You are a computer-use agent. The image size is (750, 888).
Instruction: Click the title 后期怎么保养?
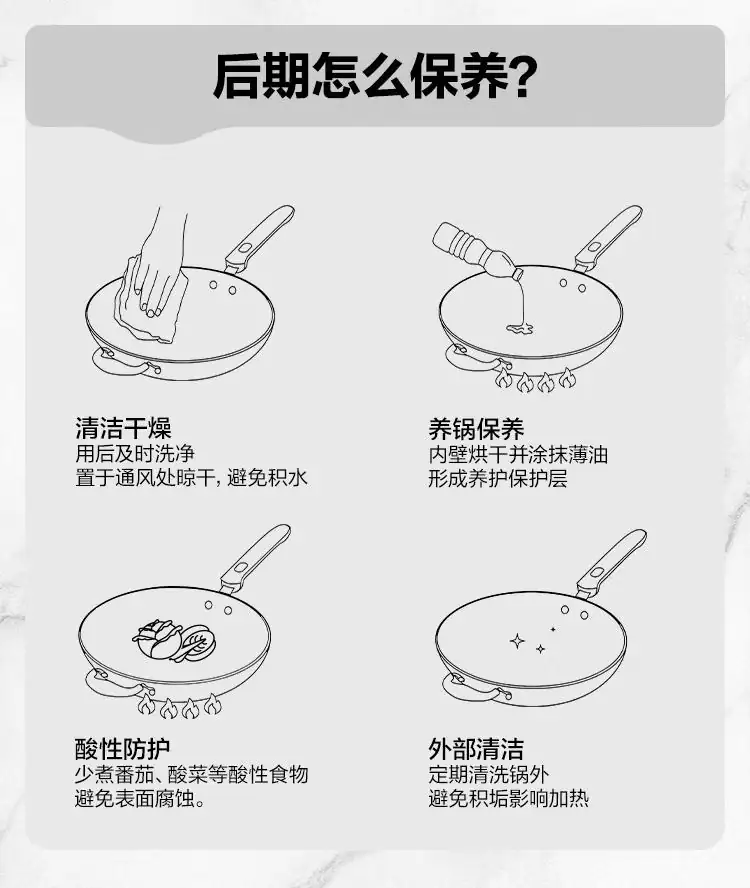374,76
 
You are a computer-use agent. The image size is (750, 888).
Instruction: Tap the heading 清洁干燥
123,428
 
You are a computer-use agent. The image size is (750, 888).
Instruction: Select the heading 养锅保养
476,429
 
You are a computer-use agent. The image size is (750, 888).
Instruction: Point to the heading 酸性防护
122,749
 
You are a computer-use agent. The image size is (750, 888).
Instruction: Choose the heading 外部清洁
476,749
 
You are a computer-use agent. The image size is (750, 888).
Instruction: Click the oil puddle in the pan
520,328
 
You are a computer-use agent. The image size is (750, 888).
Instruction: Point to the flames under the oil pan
535,380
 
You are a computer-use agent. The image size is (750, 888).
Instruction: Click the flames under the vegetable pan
179,706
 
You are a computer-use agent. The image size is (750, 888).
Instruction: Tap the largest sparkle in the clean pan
517,641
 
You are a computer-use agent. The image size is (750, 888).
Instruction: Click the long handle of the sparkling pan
611,563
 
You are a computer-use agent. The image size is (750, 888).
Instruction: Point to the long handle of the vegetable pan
255,558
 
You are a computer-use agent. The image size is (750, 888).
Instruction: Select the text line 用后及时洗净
135,454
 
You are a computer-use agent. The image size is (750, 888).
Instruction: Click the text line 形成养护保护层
498,479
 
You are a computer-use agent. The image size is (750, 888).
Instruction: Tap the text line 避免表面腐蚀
140,799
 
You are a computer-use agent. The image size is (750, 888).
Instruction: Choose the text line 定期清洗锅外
488,774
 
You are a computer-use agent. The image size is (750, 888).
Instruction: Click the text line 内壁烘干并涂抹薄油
518,454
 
